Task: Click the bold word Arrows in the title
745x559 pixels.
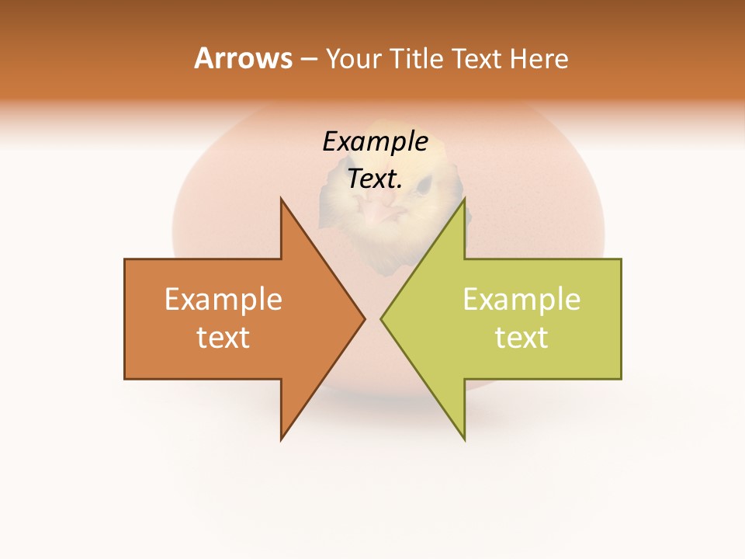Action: coord(243,58)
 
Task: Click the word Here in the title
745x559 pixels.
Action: coord(539,59)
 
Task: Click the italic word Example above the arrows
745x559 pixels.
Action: coord(375,141)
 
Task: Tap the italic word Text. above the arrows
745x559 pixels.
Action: coord(375,179)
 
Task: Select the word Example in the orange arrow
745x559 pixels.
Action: coord(223,300)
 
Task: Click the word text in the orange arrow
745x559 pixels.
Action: coord(223,337)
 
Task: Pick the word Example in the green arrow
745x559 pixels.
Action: coord(521,300)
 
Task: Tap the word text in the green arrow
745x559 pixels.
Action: coord(521,337)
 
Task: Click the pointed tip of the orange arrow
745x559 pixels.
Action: coord(364,318)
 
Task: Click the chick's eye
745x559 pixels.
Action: coord(422,184)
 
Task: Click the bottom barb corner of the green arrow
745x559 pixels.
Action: coord(465,439)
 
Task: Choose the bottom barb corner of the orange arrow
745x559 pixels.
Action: coord(281,439)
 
